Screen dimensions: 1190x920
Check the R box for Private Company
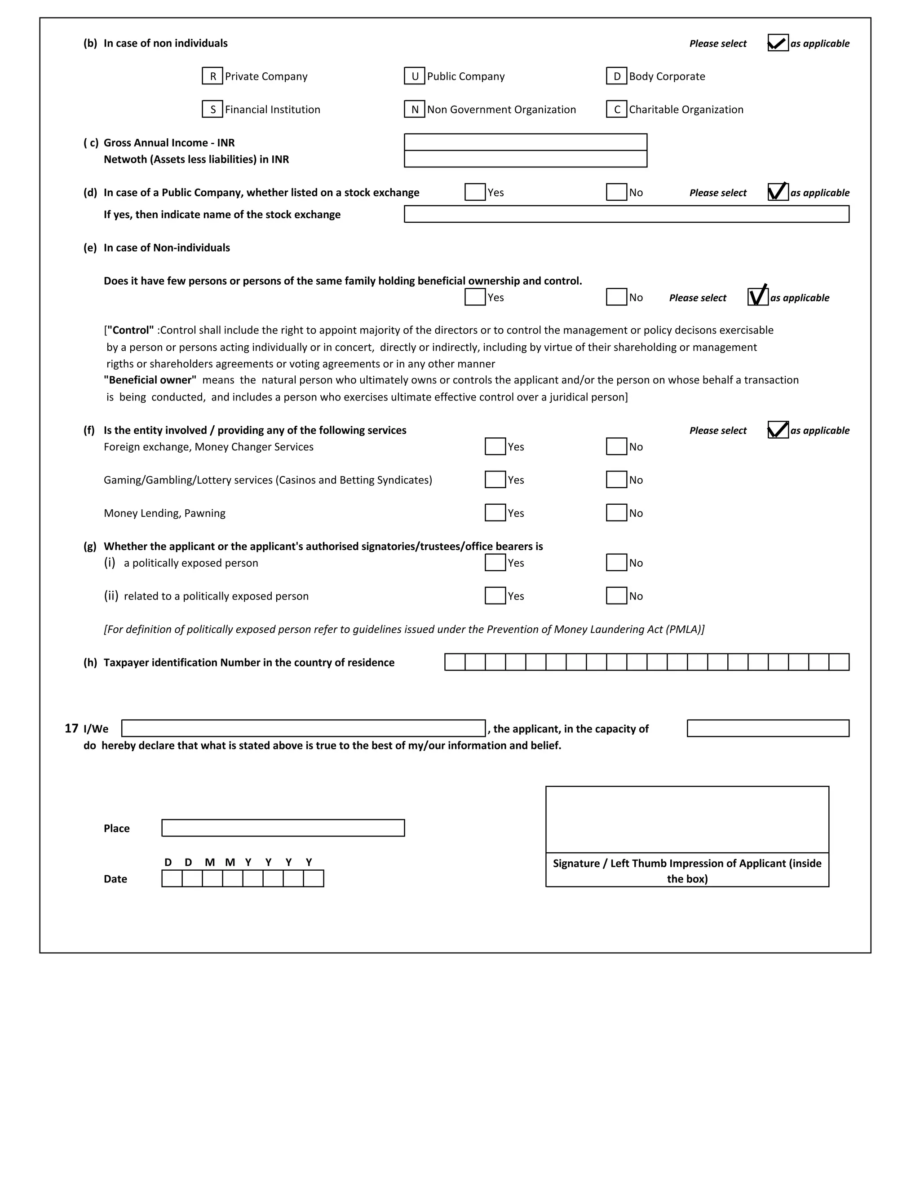click(x=212, y=76)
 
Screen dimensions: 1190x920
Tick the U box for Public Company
click(x=414, y=76)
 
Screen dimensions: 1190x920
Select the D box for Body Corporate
click(x=616, y=76)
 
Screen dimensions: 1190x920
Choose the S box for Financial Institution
click(x=212, y=110)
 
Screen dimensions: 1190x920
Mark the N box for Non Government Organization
click(x=414, y=110)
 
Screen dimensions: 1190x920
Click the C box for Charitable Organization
click(x=616, y=110)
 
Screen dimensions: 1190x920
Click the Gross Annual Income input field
click(x=526, y=142)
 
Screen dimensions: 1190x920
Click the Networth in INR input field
click(x=526, y=159)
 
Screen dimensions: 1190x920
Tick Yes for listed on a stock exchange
click(x=475, y=192)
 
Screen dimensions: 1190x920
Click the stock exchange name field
click(x=626, y=214)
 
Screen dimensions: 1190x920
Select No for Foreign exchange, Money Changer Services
click(x=616, y=447)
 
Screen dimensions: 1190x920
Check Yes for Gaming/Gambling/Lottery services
click(x=495, y=480)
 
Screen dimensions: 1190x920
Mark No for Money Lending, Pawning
click(x=616, y=513)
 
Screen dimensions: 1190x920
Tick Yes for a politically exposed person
click(x=495, y=563)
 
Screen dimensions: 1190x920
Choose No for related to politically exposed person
click(x=616, y=596)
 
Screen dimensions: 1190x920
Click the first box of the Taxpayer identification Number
click(x=455, y=662)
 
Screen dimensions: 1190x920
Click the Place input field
click(x=283, y=828)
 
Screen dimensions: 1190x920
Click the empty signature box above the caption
click(x=687, y=820)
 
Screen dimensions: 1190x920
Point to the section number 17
click(x=71, y=728)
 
